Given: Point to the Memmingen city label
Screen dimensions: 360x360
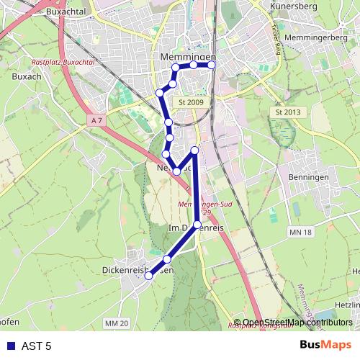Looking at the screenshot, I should pyautogui.click(x=185, y=56).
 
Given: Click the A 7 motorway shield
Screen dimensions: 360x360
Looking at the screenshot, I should pyautogui.click(x=99, y=120).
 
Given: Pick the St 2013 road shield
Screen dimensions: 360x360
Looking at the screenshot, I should pyautogui.click(x=287, y=113).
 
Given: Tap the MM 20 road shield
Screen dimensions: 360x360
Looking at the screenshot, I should pyautogui.click(x=116, y=325).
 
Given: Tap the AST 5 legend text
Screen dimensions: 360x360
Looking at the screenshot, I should pyautogui.click(x=36, y=346).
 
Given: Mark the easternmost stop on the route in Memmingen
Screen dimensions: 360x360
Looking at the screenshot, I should pyautogui.click(x=212, y=66).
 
